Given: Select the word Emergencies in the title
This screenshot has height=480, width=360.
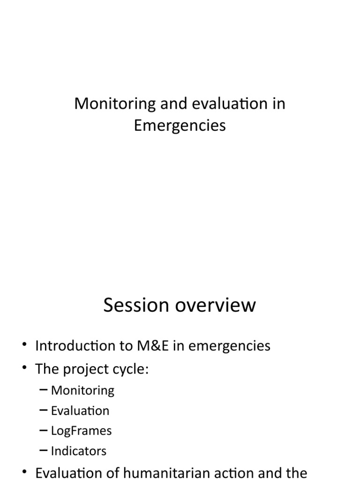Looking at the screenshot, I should pyautogui.click(x=180, y=126).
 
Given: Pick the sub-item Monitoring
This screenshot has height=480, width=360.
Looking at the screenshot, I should pyautogui.click(x=82, y=390).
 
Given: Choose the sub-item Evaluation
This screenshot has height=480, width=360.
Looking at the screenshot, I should pyautogui.click(x=80, y=411).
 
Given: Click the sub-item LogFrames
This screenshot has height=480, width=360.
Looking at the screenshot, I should pyautogui.click(x=82, y=430).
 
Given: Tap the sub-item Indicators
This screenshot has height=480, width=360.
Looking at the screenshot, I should pyautogui.click(x=79, y=451).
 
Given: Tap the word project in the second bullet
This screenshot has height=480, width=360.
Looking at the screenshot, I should pyautogui.click(x=82, y=369).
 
